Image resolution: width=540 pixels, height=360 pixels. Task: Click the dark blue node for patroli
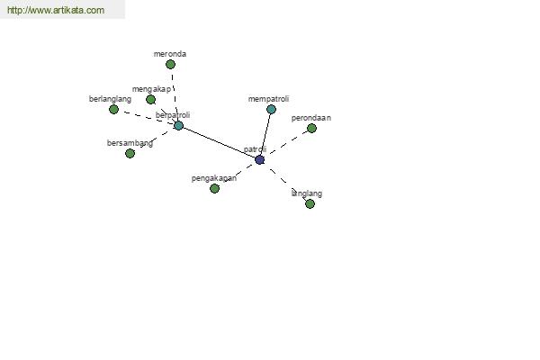click(x=260, y=160)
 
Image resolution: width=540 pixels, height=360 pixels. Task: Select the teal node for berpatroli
click(x=178, y=125)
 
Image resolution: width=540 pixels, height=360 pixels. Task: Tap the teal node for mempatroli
click(x=272, y=110)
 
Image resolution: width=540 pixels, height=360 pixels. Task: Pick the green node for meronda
click(x=170, y=65)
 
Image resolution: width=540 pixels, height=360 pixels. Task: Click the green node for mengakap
click(x=150, y=100)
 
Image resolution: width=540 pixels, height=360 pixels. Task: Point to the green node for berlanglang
click(x=113, y=110)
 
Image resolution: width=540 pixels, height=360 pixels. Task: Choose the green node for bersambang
click(x=130, y=154)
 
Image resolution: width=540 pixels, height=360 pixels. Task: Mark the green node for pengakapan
click(x=214, y=188)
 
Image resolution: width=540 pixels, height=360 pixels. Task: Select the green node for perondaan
click(x=311, y=129)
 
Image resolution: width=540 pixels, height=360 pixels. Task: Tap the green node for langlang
click(x=310, y=204)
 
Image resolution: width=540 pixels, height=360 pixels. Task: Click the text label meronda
click(x=170, y=54)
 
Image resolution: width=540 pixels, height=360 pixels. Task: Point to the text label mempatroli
click(x=268, y=99)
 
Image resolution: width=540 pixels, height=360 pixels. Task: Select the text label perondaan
click(x=311, y=118)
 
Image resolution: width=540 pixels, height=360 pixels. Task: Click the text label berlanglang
click(x=110, y=99)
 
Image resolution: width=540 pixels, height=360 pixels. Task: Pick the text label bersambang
click(x=130, y=143)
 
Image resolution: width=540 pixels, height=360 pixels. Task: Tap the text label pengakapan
click(x=214, y=178)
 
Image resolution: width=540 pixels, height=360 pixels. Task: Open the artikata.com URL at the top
click(x=56, y=10)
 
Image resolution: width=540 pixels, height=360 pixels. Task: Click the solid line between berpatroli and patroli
click(x=219, y=142)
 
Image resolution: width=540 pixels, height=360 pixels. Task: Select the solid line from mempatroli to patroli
click(x=265, y=135)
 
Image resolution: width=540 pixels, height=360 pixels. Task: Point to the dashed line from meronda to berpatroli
click(x=175, y=94)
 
